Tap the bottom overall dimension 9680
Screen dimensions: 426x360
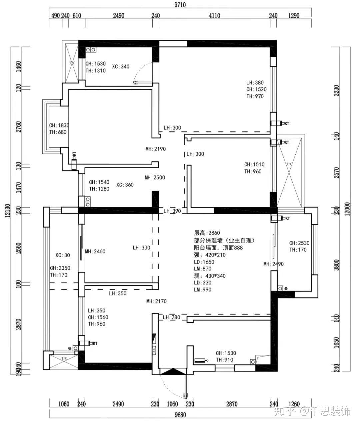[x=180, y=415]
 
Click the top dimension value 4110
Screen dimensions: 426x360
[x=214, y=16]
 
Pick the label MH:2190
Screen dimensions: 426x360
[x=155, y=149]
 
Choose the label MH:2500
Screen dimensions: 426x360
[x=155, y=178]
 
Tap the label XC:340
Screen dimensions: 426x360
[x=121, y=67]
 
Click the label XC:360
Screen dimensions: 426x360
[x=125, y=185]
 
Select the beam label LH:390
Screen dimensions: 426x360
[x=172, y=211]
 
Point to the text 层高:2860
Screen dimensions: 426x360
[x=207, y=233]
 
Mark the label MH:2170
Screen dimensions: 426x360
[x=156, y=301]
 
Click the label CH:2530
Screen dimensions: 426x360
[x=299, y=243]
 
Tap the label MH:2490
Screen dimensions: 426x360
[x=273, y=264]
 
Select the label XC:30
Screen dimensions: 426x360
[x=63, y=255]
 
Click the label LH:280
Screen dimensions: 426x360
[x=171, y=317]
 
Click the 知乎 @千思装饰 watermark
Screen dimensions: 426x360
[x=312, y=411]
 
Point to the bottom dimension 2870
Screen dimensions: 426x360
[x=232, y=404]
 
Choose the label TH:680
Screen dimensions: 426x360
[x=58, y=132]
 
